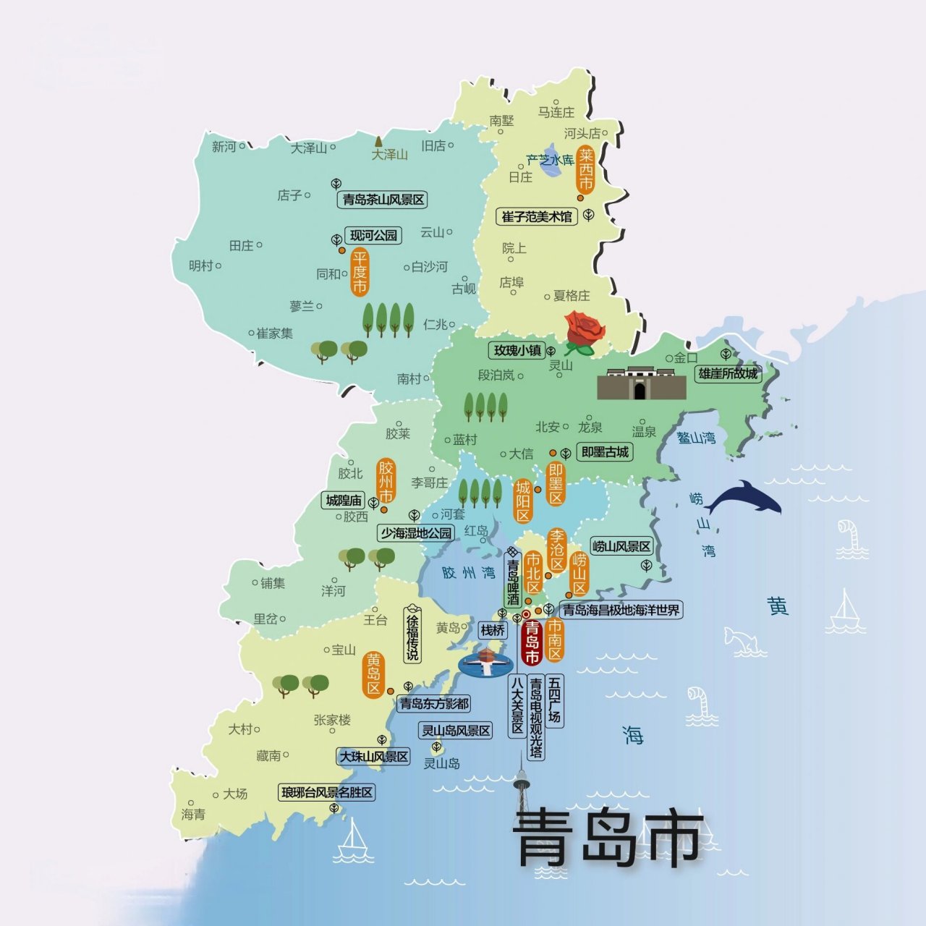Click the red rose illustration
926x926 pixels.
tap(585, 331)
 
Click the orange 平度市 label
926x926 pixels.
tap(360, 272)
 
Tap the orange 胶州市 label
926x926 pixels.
tap(386, 480)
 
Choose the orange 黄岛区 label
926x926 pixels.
tap(373, 674)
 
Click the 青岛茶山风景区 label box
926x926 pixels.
tap(383, 200)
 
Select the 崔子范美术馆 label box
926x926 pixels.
tap(537, 216)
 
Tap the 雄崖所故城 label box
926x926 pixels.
tap(728, 373)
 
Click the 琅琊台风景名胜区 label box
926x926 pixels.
tap(327, 793)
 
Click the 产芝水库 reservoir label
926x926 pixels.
tap(550, 160)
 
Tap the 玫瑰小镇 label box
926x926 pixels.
tap(517, 351)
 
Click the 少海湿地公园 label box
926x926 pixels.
tap(416, 533)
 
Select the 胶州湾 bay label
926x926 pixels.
tap(468, 573)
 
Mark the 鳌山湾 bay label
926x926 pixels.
tap(696, 437)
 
